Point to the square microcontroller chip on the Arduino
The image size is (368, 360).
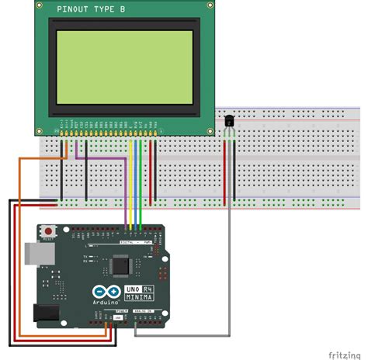(121, 266)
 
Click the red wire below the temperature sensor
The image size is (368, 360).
(225, 171)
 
